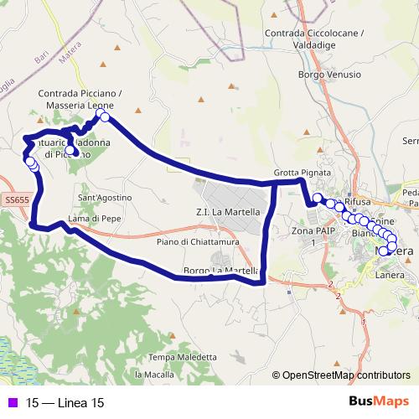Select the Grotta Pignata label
click(x=297, y=173)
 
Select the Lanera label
click(x=390, y=274)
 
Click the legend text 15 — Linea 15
click(x=65, y=403)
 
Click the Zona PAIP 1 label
click(x=308, y=235)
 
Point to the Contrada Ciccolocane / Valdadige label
click(x=314, y=39)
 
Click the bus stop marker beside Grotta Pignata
click(x=318, y=199)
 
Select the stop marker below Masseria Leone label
click(x=105, y=117)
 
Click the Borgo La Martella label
click(x=220, y=271)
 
